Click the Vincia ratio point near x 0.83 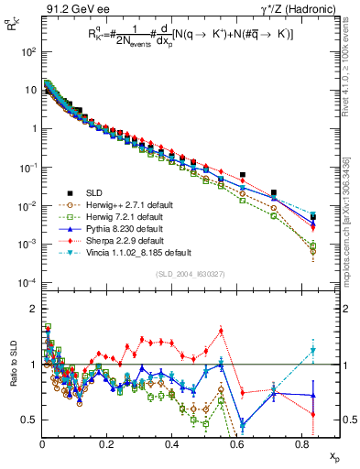313,350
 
